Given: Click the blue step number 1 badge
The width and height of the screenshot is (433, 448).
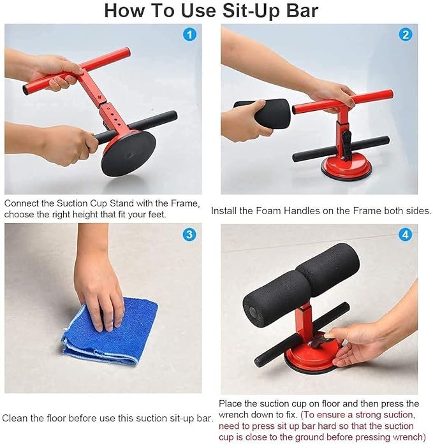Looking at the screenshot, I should [x=189, y=35].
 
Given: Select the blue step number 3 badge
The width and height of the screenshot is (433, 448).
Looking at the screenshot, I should [x=189, y=235].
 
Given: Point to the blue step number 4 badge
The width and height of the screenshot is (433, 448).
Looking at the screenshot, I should [x=405, y=235].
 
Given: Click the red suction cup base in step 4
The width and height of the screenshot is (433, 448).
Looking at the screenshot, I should [x=312, y=357].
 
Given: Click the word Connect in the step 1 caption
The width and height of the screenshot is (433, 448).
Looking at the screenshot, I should [x=22, y=203].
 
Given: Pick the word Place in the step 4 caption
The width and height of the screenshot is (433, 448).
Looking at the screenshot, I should [x=230, y=404].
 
